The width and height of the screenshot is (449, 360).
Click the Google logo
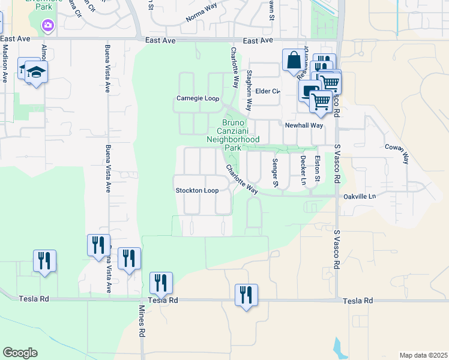20,353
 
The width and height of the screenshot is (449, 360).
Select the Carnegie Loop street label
197,98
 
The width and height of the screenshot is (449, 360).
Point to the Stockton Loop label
196,191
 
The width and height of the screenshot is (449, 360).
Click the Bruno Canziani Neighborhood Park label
233,134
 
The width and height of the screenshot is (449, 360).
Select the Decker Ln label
303,170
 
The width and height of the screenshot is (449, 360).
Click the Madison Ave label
5,65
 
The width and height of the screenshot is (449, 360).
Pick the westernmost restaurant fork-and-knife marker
44,261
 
